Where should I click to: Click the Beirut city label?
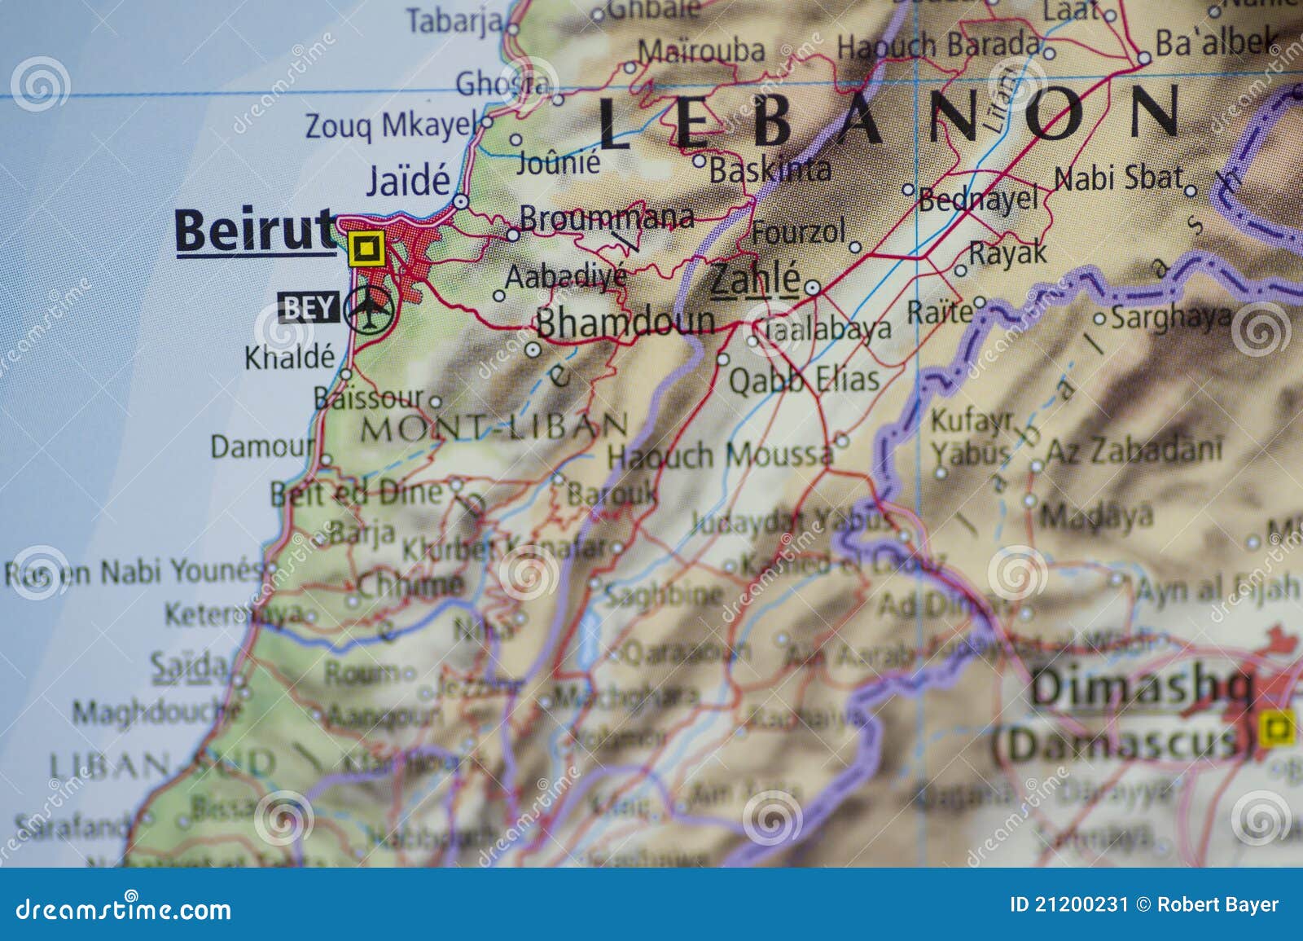coord(254,231)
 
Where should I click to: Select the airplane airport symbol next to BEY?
coord(369,309)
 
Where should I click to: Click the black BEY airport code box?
coord(309,308)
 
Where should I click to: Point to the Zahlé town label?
coord(755,280)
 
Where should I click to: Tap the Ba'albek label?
coord(1216,42)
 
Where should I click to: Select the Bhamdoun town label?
coord(625,322)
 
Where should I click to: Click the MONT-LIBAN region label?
coord(494,427)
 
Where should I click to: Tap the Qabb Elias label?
coord(804,380)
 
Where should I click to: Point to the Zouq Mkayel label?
coord(389,125)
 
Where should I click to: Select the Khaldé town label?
coord(289,357)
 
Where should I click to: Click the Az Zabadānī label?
coord(1134,450)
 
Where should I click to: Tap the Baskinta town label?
coord(770,169)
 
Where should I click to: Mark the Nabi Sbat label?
coord(1117,178)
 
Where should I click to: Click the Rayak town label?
coord(1007,253)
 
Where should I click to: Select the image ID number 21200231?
coord(1081,904)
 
